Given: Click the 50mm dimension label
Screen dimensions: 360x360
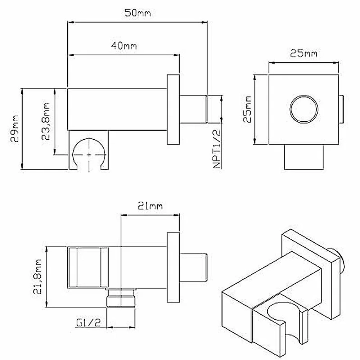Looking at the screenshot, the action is coord(138,13).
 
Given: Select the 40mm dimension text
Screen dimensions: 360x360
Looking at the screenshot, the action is coord(124,46).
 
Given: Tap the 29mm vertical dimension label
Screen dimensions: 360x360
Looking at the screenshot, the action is coord(15,129).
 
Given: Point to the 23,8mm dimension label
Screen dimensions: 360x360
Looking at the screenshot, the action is coord(45,121).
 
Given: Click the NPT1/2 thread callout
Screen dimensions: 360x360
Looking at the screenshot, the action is coord(217,149).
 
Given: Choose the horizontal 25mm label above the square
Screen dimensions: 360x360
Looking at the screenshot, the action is coord(303,54).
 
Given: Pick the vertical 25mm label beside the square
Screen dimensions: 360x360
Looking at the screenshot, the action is coord(248,109).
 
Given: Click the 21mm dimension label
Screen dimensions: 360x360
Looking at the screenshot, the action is coord(150,206).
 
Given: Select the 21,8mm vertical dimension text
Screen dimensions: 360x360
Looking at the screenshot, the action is coord(37,276).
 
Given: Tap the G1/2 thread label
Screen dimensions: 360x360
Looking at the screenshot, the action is coord(88,323).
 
